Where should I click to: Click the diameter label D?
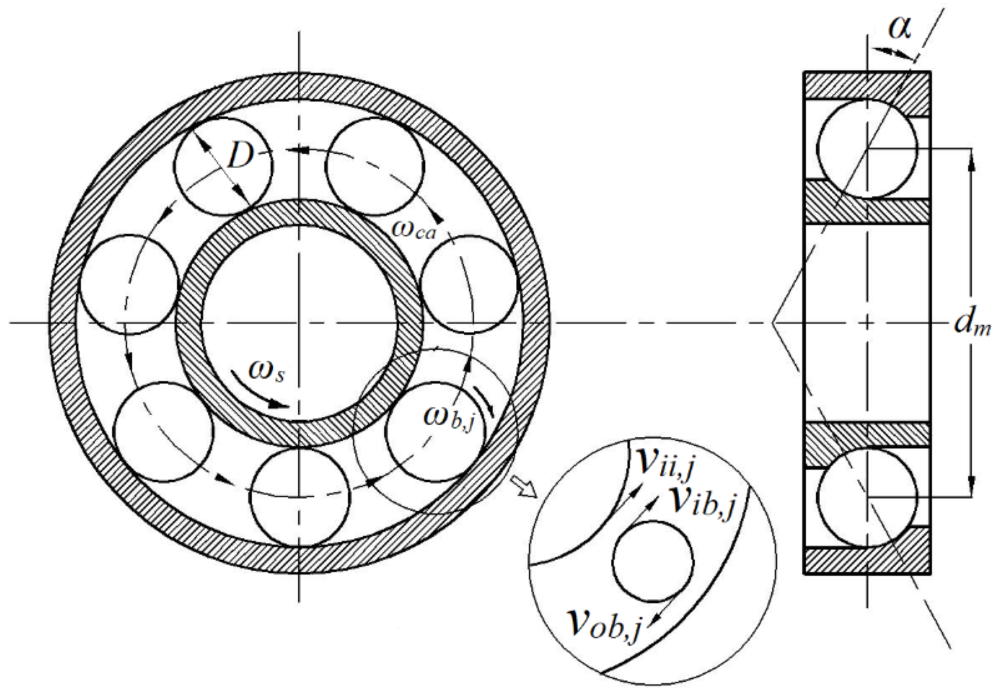point(240,155)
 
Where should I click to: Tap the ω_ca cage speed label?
point(413,229)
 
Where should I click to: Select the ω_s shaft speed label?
point(266,372)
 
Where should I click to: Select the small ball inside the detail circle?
point(653,561)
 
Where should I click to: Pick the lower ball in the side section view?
point(867,497)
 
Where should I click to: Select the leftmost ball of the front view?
point(129,284)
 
